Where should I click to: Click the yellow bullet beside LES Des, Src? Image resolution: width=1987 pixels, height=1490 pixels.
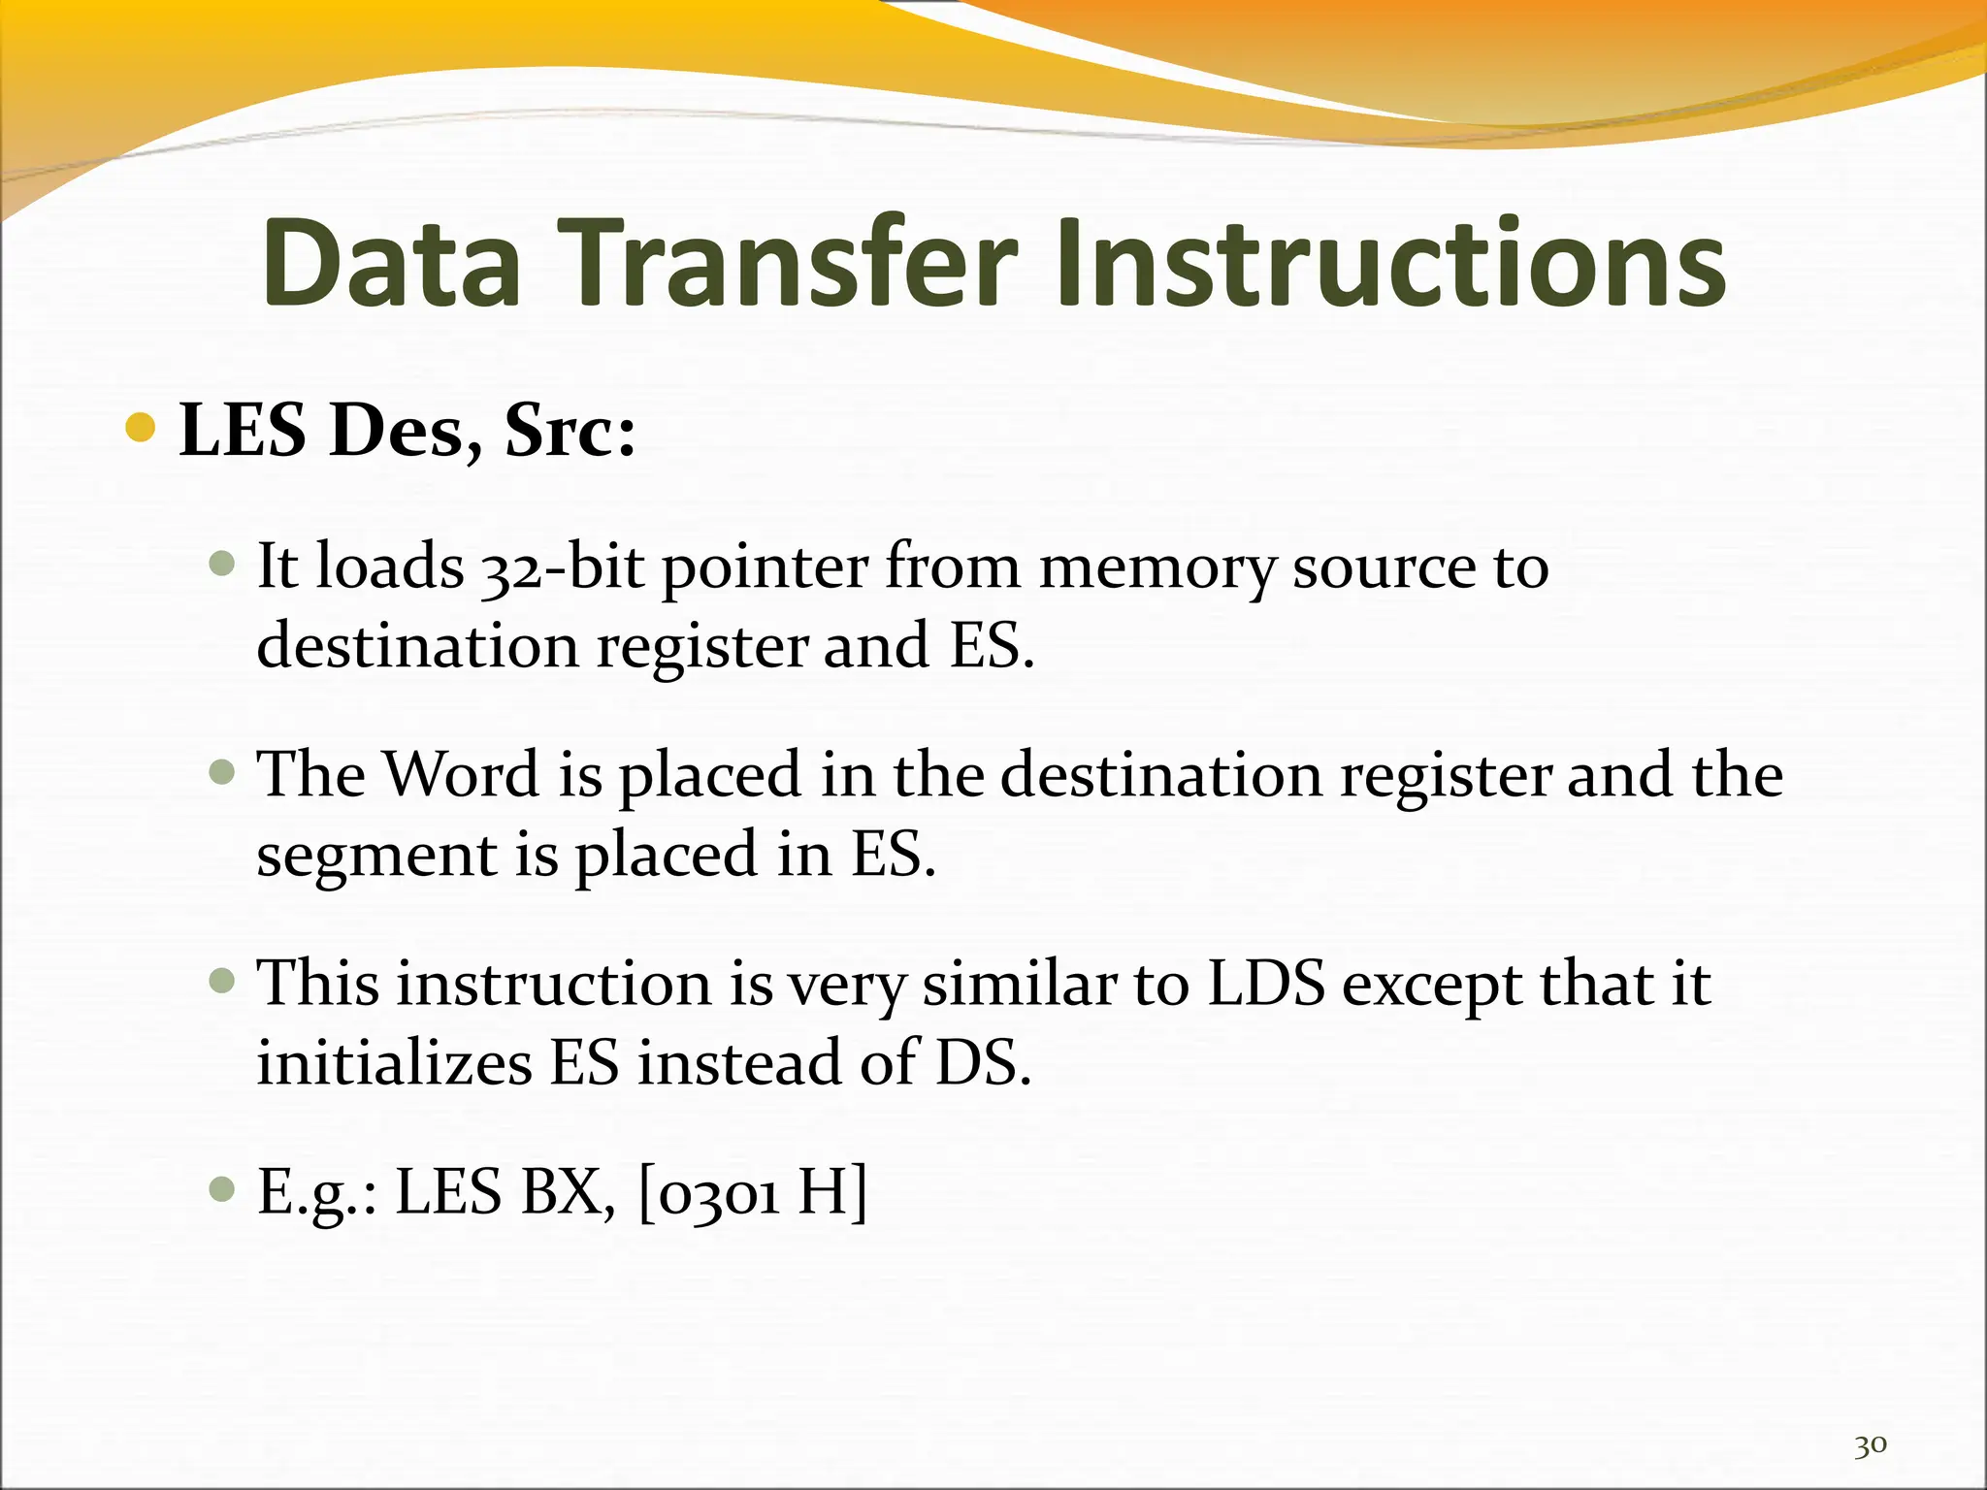[x=142, y=427]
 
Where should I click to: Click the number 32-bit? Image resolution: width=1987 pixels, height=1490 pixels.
[x=563, y=567]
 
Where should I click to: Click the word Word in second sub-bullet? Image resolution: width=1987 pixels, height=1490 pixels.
[x=461, y=775]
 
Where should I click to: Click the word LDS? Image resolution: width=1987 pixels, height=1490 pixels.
[x=1266, y=984]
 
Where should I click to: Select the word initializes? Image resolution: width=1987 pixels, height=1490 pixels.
[x=394, y=1063]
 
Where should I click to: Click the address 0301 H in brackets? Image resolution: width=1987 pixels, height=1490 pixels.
[x=753, y=1193]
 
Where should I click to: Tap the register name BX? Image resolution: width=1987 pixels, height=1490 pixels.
[x=569, y=1193]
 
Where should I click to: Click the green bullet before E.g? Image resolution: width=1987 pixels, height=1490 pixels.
[x=222, y=1189]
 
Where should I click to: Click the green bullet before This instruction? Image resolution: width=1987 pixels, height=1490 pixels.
[x=222, y=980]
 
